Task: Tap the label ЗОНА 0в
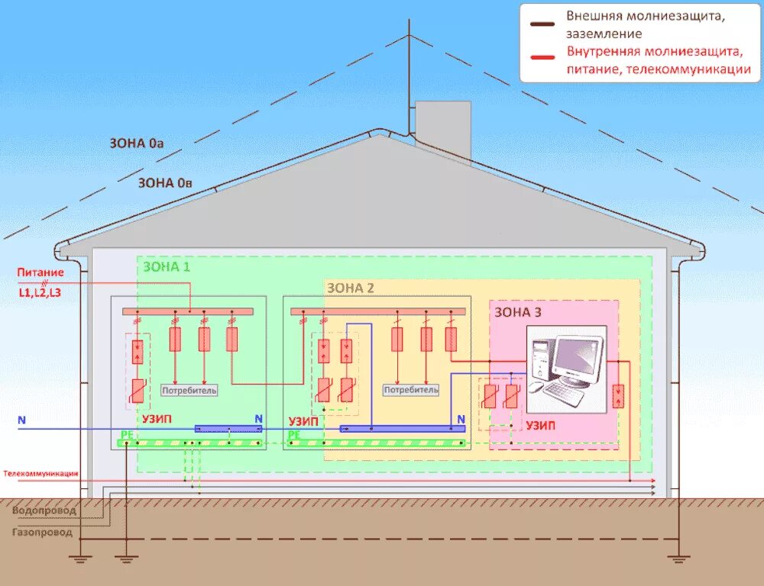pyautogui.click(x=164, y=183)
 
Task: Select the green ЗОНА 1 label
pyautogui.click(x=167, y=266)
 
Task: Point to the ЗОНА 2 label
pyautogui.click(x=351, y=288)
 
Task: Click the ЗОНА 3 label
pyautogui.click(x=518, y=311)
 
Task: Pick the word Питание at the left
pyautogui.click(x=40, y=272)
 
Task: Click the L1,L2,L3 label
pyautogui.click(x=40, y=292)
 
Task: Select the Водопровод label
pyautogui.click(x=44, y=510)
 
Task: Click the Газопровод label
pyautogui.click(x=43, y=533)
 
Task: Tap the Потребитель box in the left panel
pyautogui.click(x=189, y=391)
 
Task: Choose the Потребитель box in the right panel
pyautogui.click(x=411, y=390)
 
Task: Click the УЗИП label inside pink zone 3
pyautogui.click(x=540, y=425)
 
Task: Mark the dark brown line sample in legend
pyautogui.click(x=544, y=24)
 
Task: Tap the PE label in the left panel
pyautogui.click(x=126, y=434)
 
